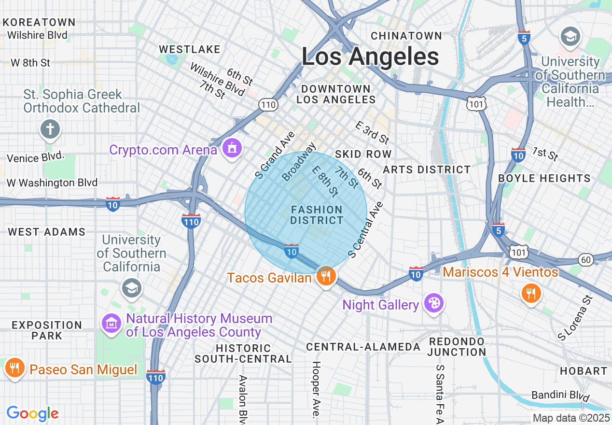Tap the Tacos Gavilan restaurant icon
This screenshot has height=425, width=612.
326,276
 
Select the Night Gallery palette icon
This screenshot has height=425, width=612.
433,303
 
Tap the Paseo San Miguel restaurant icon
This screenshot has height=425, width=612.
15,368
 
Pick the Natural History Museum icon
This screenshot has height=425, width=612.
112,324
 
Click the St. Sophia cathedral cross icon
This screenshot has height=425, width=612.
51,129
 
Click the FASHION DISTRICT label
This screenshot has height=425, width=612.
317,215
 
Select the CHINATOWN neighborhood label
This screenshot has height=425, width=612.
406,36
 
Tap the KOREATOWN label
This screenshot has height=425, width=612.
39,22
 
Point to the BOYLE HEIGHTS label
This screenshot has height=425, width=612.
544,178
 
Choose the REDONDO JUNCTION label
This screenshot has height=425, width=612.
457,347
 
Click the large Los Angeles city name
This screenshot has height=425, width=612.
370,57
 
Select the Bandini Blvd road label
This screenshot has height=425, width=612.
560,396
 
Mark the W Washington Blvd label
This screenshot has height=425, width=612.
52,183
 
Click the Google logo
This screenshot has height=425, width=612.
32,413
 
